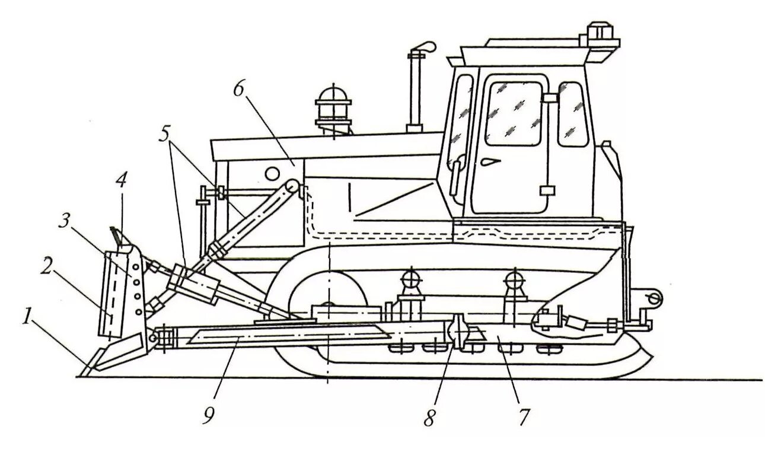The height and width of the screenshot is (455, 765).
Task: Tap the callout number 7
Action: [522, 416]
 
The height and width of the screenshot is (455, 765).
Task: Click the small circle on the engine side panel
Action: [271, 173]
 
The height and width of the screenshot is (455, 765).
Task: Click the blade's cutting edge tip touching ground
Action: [84, 373]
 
